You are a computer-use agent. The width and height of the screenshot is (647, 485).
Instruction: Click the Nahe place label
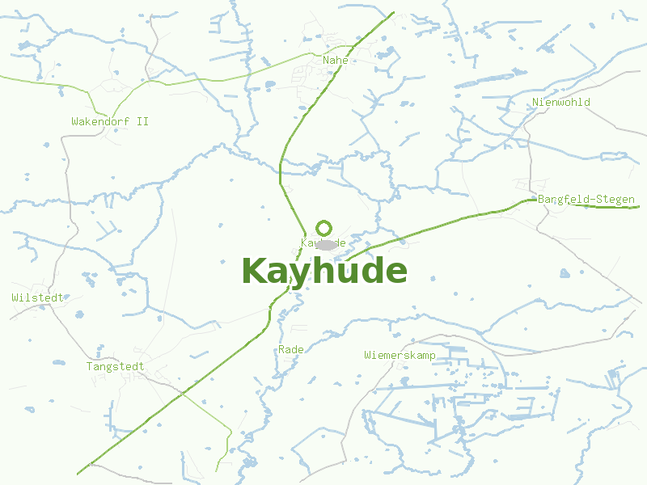pos(335,60)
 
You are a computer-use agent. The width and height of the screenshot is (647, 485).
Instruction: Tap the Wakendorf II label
pos(110,121)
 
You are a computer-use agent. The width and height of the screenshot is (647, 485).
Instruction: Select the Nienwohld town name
pos(561,102)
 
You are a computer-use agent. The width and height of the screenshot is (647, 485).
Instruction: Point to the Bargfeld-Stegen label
pos(586,199)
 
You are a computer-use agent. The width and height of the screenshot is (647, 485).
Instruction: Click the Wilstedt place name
pos(37,297)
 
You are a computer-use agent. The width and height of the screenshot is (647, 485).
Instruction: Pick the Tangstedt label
pos(116,366)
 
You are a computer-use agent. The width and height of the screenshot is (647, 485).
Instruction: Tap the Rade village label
pos(290,349)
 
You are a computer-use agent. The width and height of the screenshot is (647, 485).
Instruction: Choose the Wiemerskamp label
pos(400,355)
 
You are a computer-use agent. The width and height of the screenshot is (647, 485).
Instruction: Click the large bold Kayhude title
pos(323,271)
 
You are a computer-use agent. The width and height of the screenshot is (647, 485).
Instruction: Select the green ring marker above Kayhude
pos(324,228)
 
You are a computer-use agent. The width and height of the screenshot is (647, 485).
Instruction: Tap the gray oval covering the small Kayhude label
pos(326,244)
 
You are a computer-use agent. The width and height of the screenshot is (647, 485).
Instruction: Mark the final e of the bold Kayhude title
pos(395,272)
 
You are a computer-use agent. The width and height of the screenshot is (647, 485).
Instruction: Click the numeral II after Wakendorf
pos(142,121)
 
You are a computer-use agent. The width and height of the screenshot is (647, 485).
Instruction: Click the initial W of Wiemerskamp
pos(368,355)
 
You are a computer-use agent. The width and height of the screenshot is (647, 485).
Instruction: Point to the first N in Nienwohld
pos(536,102)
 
